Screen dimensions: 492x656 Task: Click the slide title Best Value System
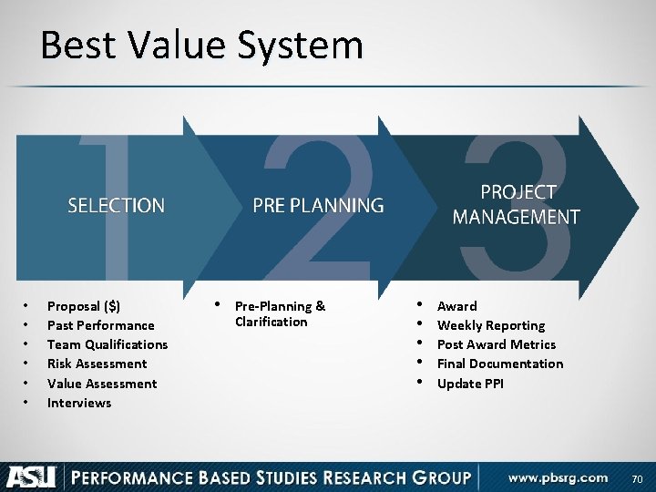(201, 45)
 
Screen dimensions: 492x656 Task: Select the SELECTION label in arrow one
(117, 206)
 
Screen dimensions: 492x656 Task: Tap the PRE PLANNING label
(318, 206)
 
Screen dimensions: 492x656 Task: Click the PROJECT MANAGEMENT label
(516, 205)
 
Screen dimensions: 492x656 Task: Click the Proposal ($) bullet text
(83, 306)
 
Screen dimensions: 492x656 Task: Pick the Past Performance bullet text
(100, 325)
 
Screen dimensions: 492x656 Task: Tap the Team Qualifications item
(108, 344)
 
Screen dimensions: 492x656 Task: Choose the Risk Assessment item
(97, 364)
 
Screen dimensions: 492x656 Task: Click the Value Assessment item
(102, 384)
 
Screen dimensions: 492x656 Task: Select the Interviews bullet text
(79, 403)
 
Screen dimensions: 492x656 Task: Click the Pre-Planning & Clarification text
(280, 313)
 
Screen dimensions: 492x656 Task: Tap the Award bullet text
(456, 306)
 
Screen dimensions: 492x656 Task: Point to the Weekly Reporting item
(491, 325)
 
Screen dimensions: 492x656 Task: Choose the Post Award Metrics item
(497, 344)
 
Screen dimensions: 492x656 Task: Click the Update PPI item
(470, 384)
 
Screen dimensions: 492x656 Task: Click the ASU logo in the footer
(33, 477)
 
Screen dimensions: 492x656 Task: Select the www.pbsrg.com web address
(558, 477)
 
